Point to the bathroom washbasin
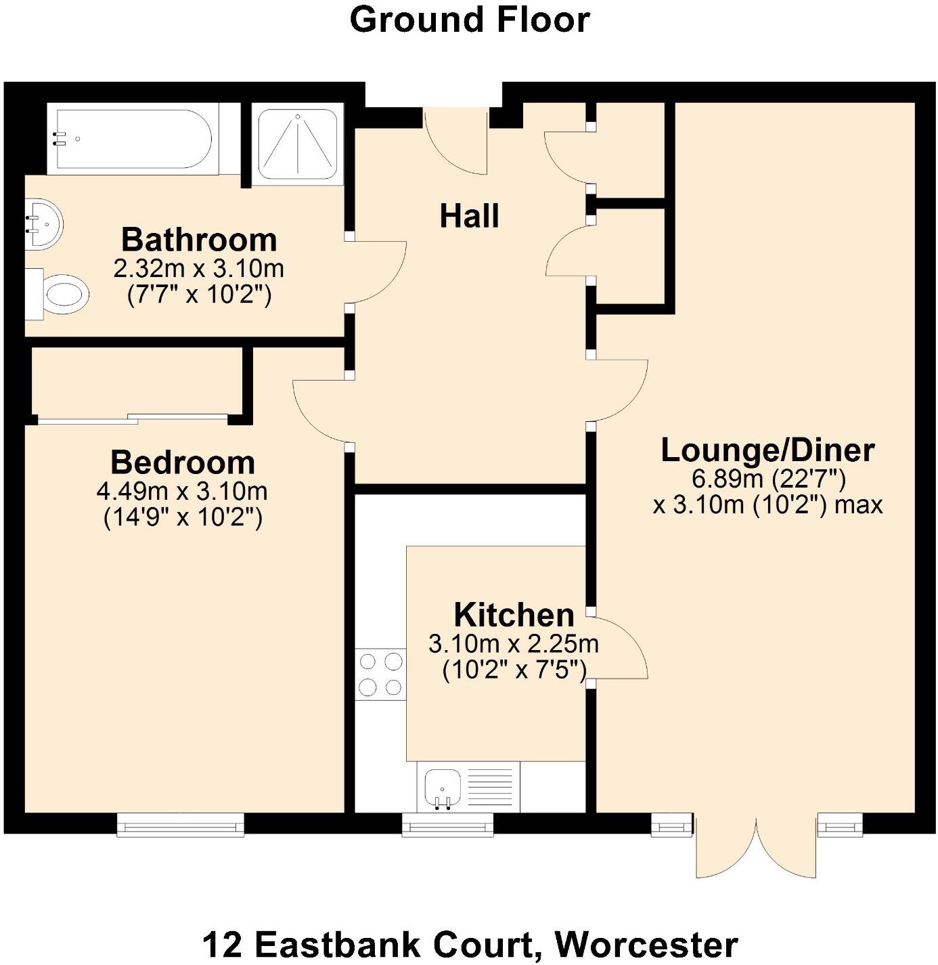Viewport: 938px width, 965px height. (43, 223)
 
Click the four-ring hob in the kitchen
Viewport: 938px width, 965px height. (380, 674)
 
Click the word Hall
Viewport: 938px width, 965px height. (469, 217)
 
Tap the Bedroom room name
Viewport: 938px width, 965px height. (183, 463)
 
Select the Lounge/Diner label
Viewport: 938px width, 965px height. (767, 450)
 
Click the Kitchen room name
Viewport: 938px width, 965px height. (514, 615)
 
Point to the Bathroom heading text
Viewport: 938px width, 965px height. (199, 240)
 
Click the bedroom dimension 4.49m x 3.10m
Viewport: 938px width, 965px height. (182, 491)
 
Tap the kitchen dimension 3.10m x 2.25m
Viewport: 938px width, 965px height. (514, 643)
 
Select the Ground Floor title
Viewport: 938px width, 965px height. (469, 20)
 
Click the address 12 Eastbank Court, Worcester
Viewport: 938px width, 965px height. (469, 944)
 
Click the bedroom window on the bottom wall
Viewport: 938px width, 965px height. (180, 824)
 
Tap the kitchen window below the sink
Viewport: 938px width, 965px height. (447, 824)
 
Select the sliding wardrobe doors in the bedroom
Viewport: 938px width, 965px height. (133, 418)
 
